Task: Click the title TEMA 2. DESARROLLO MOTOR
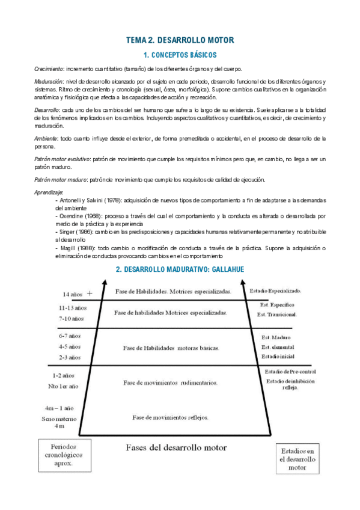[179, 40]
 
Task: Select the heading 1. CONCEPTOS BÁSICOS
[179, 55]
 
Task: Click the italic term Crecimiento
[48, 69]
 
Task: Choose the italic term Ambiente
[46, 138]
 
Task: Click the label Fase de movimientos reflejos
[170, 417]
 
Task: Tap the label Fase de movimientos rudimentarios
[171, 382]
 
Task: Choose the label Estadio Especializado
[275, 291]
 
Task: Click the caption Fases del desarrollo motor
[176, 447]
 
